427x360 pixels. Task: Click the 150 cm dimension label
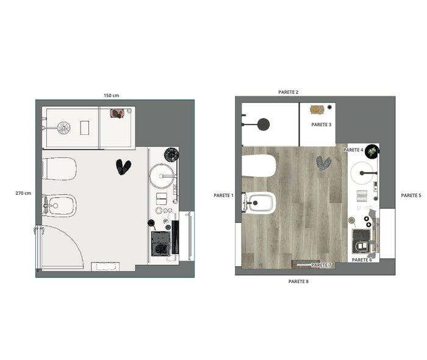(x=111, y=96)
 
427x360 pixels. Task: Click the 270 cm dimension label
(x=23, y=193)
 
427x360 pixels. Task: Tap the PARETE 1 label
(x=224, y=195)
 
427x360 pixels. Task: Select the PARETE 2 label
(x=288, y=92)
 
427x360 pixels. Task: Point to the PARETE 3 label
(x=321, y=124)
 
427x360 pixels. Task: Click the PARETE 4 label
(x=353, y=149)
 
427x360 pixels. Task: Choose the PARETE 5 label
(x=411, y=195)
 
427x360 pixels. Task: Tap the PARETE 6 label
(x=362, y=260)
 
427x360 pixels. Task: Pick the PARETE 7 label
(x=321, y=265)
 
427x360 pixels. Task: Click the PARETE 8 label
(x=298, y=281)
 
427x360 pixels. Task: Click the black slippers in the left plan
(x=123, y=167)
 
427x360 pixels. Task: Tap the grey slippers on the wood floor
(x=323, y=164)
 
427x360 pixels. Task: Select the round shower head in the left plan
(x=64, y=128)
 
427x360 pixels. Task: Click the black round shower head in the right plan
(x=264, y=124)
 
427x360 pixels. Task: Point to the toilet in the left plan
(x=59, y=169)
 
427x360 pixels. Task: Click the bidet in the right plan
(x=259, y=203)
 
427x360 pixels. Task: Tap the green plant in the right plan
(x=371, y=151)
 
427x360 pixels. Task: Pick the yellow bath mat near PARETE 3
(x=317, y=109)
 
